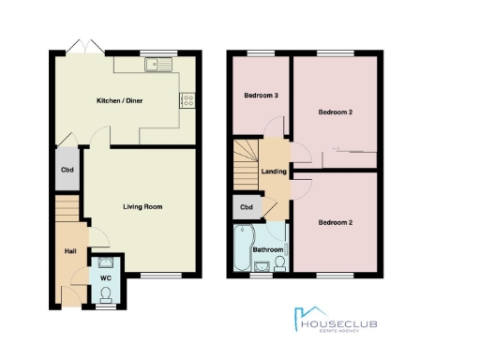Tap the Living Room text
click(143, 205)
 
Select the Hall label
click(69, 250)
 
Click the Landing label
click(275, 172)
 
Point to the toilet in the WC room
click(105, 295)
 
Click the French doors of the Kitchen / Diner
click(78, 47)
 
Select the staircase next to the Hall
click(65, 215)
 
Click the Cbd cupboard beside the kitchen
click(67, 170)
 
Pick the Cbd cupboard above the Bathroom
click(247, 207)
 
